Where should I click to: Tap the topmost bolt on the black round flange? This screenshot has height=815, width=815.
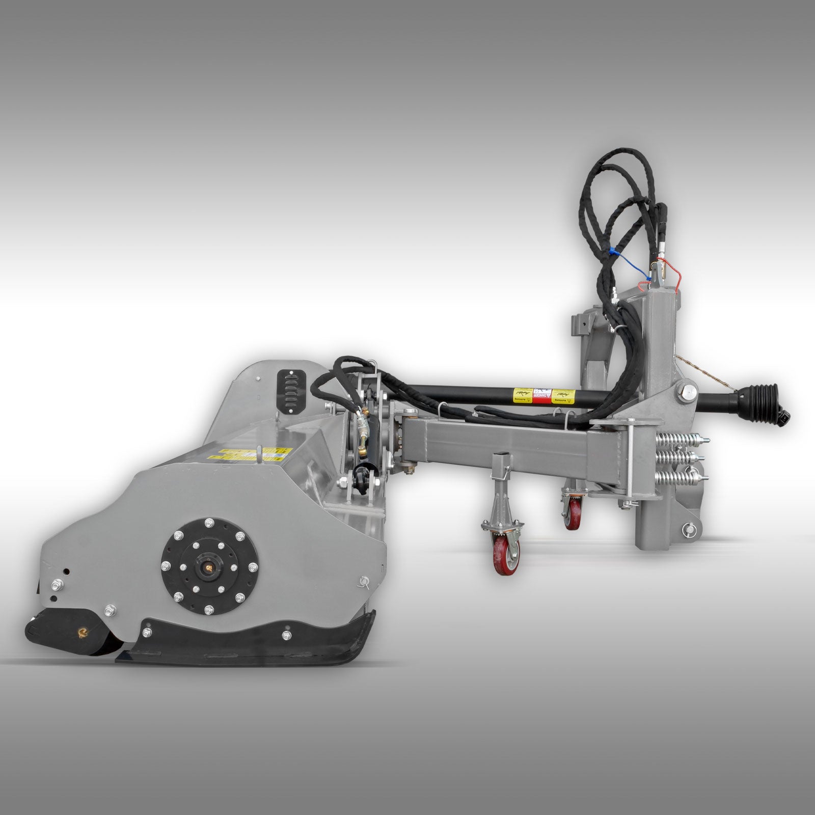click(x=210, y=508)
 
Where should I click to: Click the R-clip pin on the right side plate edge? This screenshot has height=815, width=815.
click(x=364, y=579)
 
